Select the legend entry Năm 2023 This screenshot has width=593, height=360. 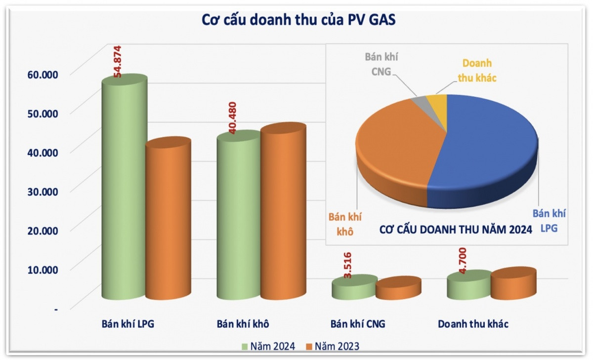coord(333,346)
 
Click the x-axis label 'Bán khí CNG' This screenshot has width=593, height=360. coord(357,324)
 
